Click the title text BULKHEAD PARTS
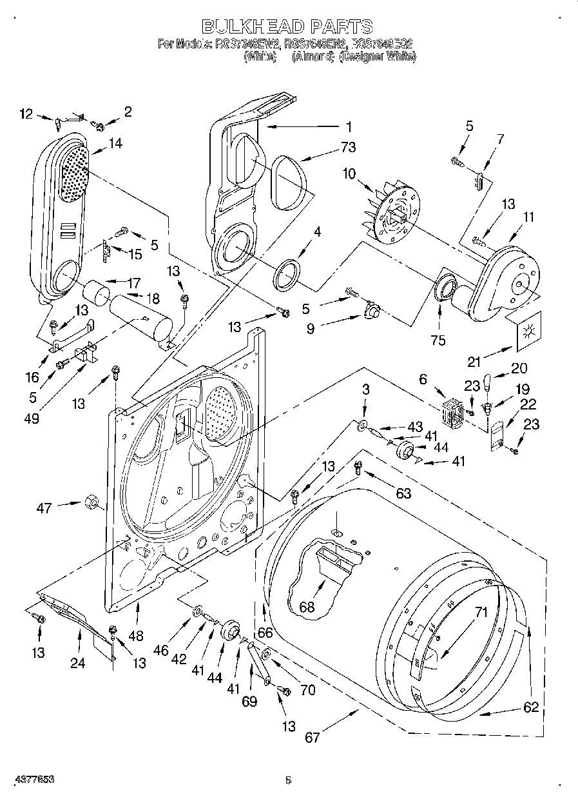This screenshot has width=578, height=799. (287, 26)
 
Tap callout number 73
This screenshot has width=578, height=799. (348, 148)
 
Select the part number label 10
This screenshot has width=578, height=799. (349, 174)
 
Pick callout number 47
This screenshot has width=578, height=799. (44, 508)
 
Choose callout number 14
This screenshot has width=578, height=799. (115, 143)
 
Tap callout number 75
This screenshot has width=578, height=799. (438, 341)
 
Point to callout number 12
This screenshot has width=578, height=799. (26, 115)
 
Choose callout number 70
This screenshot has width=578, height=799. (307, 690)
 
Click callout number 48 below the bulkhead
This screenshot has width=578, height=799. (135, 636)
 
